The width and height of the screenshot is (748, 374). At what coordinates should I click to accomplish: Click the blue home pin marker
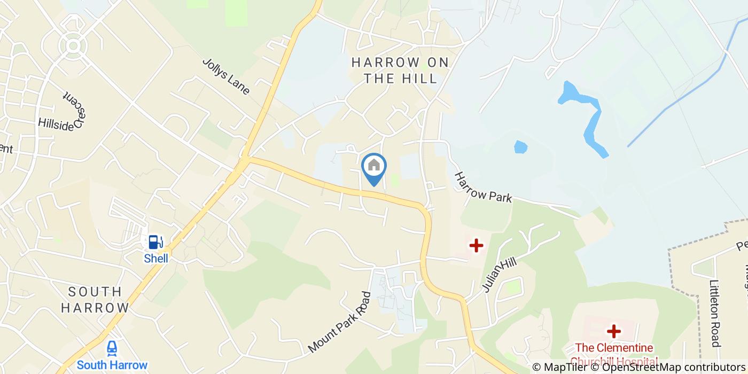pyautogui.click(x=374, y=167)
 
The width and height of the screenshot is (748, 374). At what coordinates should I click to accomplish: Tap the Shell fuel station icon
pyautogui.click(x=155, y=242)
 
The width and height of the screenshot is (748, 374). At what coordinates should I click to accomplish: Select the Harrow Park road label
pyautogui.click(x=483, y=187)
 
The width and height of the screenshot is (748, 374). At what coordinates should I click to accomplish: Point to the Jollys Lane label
pyautogui.click(x=226, y=76)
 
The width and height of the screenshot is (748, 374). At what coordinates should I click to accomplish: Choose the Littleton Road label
pyautogui.click(x=715, y=314)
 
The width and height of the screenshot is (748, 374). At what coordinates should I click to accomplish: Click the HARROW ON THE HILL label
pyautogui.click(x=400, y=71)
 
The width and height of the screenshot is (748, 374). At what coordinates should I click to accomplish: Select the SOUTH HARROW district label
pyautogui.click(x=95, y=300)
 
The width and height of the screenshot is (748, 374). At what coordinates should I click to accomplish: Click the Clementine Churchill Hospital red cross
pyautogui.click(x=613, y=331)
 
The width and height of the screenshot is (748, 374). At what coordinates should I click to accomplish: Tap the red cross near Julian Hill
pyautogui.click(x=476, y=245)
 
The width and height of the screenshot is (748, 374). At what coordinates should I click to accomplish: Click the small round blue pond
pyautogui.click(x=520, y=147)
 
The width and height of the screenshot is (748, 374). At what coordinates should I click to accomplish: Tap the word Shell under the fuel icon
pyautogui.click(x=156, y=259)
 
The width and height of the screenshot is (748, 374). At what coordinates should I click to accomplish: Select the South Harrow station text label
pyautogui.click(x=112, y=365)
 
